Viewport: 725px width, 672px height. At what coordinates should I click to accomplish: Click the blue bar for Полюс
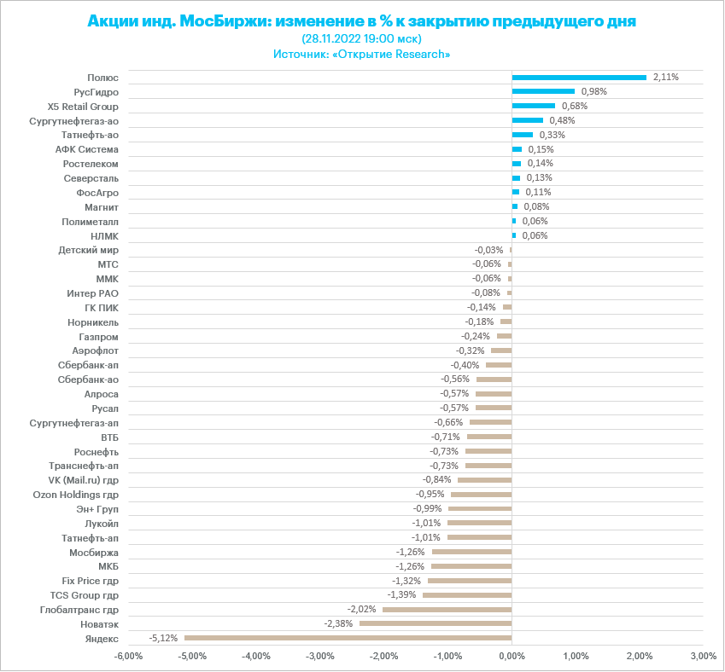click(x=579, y=78)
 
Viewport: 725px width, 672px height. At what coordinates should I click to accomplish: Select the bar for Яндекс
click(x=348, y=638)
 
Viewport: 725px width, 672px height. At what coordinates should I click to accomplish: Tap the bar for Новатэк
click(x=436, y=623)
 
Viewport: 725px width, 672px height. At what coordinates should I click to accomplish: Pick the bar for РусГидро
click(x=543, y=91)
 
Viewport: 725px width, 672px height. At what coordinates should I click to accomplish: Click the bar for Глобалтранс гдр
click(x=447, y=609)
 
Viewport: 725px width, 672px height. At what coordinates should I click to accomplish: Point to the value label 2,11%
click(x=665, y=77)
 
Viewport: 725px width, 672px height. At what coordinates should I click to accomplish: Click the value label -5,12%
click(x=163, y=638)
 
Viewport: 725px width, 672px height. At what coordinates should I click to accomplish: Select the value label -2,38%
click(x=338, y=623)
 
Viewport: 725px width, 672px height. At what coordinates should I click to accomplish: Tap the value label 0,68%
click(x=574, y=106)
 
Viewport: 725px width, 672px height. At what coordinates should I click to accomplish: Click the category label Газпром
click(x=99, y=336)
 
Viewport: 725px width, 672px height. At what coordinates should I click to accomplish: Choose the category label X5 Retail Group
click(x=84, y=106)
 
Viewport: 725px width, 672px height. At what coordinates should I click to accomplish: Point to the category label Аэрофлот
click(x=94, y=350)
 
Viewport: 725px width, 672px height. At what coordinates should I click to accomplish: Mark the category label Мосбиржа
click(x=94, y=552)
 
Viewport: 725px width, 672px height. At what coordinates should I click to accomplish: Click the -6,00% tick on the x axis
click(x=128, y=656)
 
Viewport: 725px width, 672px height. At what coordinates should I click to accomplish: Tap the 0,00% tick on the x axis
click(x=512, y=656)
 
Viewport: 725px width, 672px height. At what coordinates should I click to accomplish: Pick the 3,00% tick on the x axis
click(x=702, y=656)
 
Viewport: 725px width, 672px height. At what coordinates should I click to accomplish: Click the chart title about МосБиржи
click(x=362, y=20)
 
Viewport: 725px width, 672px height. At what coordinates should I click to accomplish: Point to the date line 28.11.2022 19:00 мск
click(x=362, y=38)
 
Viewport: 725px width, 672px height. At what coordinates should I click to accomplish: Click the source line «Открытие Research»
click(x=362, y=54)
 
